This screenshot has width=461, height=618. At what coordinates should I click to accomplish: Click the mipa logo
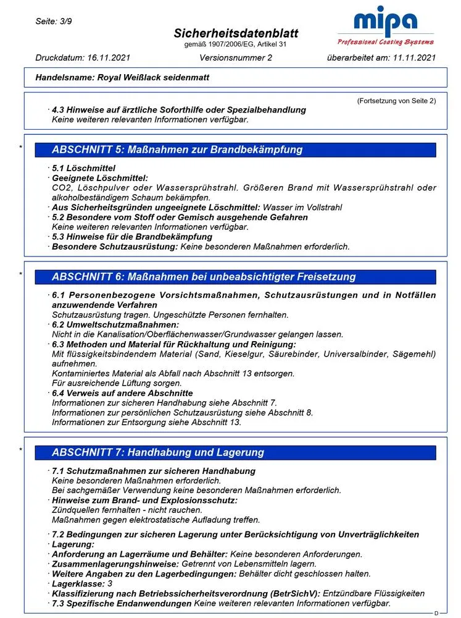point(385,28)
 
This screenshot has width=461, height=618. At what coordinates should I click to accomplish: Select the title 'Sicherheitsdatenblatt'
point(226,33)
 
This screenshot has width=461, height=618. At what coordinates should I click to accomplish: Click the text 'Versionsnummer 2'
point(236,58)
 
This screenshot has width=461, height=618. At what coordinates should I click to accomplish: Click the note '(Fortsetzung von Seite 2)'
point(396,101)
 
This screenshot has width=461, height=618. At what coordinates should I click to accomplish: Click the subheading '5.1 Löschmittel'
point(83,168)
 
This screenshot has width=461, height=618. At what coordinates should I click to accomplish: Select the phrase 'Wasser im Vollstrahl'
point(302,208)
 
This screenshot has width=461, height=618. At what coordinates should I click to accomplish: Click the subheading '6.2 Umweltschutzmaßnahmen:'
point(115,324)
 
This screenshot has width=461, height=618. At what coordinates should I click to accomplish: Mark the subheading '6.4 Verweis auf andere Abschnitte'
point(122,393)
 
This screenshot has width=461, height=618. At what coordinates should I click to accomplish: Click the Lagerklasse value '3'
point(110,583)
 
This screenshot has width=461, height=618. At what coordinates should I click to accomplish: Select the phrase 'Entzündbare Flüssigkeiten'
point(373,593)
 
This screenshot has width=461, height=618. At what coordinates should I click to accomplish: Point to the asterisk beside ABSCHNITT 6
point(20,274)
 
